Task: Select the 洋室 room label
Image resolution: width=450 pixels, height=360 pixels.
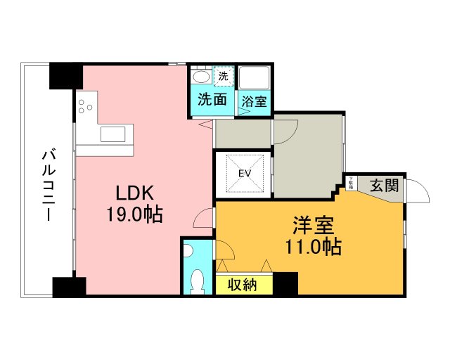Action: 313,226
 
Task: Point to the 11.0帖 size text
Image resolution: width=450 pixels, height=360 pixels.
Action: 313,247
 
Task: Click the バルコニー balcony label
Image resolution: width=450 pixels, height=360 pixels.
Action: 48,185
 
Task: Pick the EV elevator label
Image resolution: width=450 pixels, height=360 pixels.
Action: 245,173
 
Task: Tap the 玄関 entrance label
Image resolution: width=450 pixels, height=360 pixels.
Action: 385,186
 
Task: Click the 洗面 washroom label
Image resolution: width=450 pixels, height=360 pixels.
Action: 211,100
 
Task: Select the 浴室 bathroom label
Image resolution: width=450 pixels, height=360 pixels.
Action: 254,101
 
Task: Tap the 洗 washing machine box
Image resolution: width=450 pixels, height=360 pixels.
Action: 223,76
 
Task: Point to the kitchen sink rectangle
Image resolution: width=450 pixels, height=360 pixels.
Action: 112,134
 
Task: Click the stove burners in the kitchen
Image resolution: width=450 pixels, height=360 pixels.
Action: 85,106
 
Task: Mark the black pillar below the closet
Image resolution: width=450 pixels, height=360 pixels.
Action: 285,283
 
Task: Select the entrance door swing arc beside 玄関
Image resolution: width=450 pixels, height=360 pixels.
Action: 417,191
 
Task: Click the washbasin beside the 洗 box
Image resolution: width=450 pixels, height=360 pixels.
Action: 200,76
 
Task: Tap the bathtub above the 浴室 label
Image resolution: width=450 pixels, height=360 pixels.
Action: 254,77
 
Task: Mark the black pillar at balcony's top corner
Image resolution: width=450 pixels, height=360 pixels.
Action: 65,76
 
